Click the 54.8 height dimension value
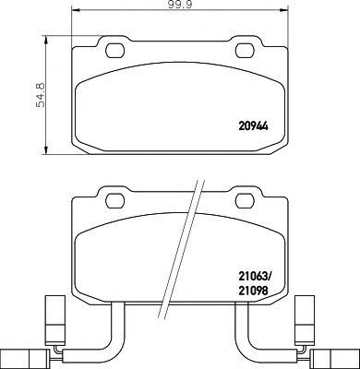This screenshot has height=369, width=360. point(40,95)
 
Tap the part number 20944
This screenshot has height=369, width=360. point(254,126)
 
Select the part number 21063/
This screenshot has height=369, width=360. point(256,277)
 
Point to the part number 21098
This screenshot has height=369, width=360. point(253,291)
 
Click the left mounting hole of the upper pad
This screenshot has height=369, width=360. point(115,51)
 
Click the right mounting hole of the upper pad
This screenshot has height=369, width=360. point(245,51)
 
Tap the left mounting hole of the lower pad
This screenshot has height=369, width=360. point(115,201)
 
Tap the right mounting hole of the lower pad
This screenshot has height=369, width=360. point(245,201)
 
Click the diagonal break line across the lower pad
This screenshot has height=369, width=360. point(182,249)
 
